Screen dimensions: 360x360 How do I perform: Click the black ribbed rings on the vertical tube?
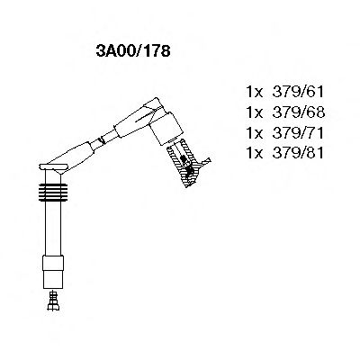[x=53, y=193]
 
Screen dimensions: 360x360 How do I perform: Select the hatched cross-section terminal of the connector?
[x=189, y=165]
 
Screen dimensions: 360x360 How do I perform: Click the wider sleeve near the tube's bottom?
[x=53, y=267]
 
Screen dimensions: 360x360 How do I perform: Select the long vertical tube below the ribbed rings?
[x=53, y=229]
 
